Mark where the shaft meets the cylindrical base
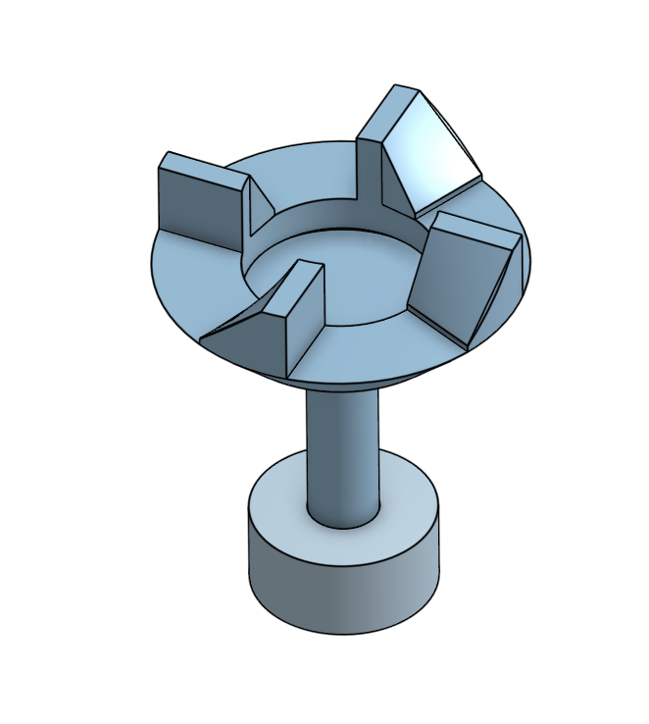341,518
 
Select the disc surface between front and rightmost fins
373,343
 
